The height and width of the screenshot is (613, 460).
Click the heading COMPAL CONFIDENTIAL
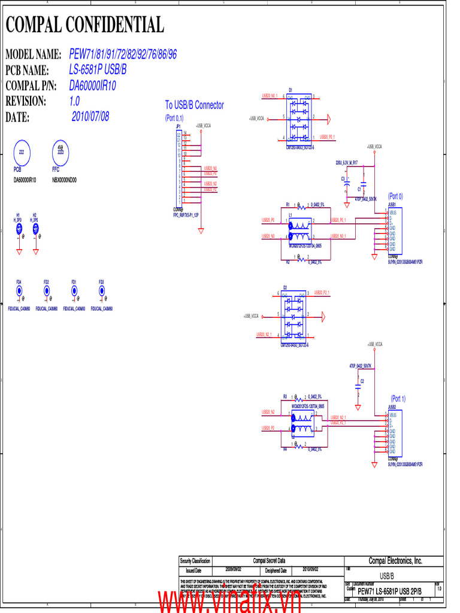point(84,25)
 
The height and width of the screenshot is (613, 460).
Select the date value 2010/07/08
point(90,116)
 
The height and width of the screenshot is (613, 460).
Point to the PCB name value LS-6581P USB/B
point(98,70)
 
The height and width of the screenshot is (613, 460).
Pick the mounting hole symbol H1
point(19,228)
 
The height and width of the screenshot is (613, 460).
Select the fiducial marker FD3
point(102,290)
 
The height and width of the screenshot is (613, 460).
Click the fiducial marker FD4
point(19,290)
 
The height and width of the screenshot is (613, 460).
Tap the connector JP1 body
point(178,168)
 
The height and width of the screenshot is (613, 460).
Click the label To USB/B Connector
point(194,105)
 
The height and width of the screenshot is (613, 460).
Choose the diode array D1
point(298,117)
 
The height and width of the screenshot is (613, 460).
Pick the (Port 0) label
point(395,196)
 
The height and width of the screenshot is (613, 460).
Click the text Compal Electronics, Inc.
point(395,561)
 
